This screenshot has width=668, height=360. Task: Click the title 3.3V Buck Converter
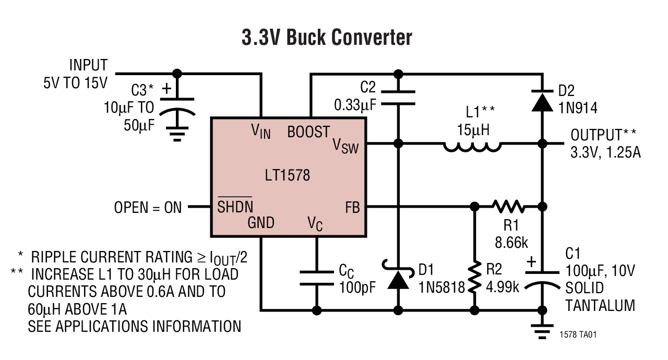click(327, 38)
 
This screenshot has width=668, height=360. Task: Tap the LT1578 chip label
click(287, 175)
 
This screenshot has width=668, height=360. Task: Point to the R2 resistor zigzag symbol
click(474, 278)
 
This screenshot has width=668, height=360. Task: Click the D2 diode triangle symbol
click(541, 102)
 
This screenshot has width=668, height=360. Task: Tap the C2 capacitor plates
click(399, 98)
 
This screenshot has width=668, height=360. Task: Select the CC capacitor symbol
click(317, 278)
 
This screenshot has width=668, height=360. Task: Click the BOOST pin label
click(308, 132)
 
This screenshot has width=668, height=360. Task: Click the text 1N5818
click(441, 287)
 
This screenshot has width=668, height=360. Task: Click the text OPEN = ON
click(148, 207)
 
